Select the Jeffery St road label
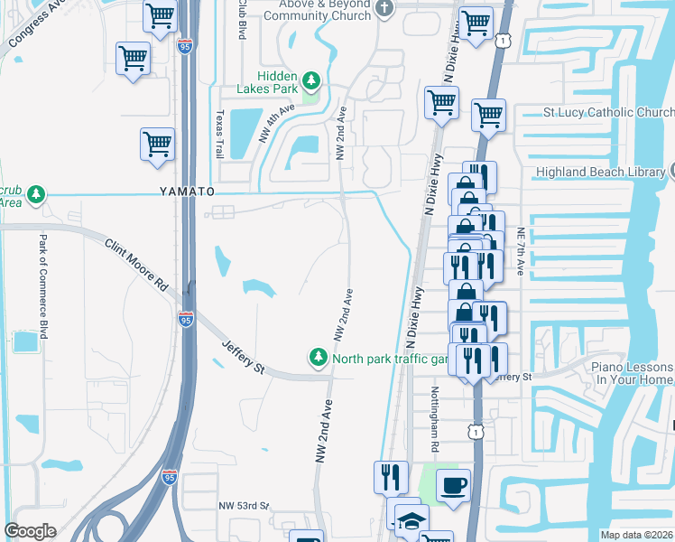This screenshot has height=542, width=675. click(x=243, y=353)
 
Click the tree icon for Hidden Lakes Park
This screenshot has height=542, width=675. click(x=311, y=81)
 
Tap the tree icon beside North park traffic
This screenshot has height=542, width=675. click(x=318, y=359)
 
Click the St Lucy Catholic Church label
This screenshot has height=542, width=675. click(x=607, y=113)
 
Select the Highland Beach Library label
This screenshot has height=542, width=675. click(x=611, y=172)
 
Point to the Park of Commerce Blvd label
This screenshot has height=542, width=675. click(x=42, y=285)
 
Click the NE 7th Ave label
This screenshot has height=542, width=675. click(x=520, y=250)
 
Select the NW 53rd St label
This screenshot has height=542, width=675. click(x=245, y=506)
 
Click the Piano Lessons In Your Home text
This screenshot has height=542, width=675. click(x=632, y=374)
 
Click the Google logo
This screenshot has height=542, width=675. click(x=30, y=531)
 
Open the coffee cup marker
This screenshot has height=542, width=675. click(x=453, y=485)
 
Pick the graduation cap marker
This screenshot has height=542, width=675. click(x=411, y=521)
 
